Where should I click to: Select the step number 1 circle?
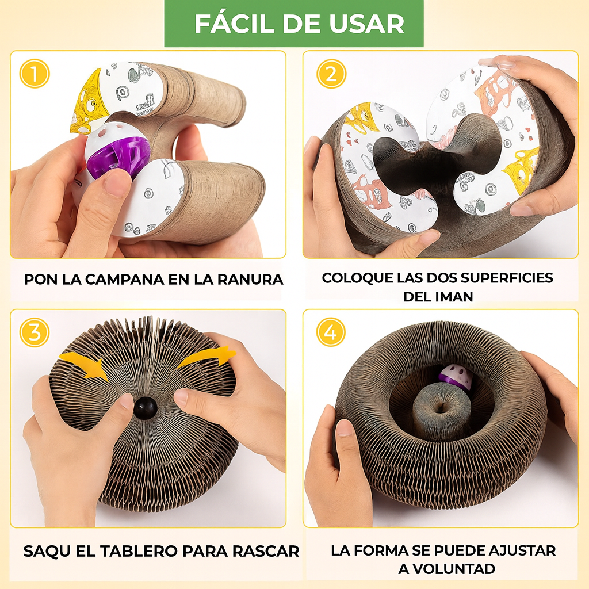click(x=35, y=74)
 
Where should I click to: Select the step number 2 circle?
click(x=331, y=74)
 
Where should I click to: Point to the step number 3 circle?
click(x=35, y=332)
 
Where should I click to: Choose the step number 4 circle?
click(x=331, y=332)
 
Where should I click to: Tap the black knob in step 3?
click(x=146, y=408)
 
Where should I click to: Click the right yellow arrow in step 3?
click(x=206, y=358)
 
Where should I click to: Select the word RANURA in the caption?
click(x=250, y=280)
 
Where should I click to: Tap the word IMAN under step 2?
click(x=454, y=297)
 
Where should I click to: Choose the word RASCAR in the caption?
click(x=266, y=552)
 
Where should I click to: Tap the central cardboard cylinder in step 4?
click(x=442, y=412)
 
